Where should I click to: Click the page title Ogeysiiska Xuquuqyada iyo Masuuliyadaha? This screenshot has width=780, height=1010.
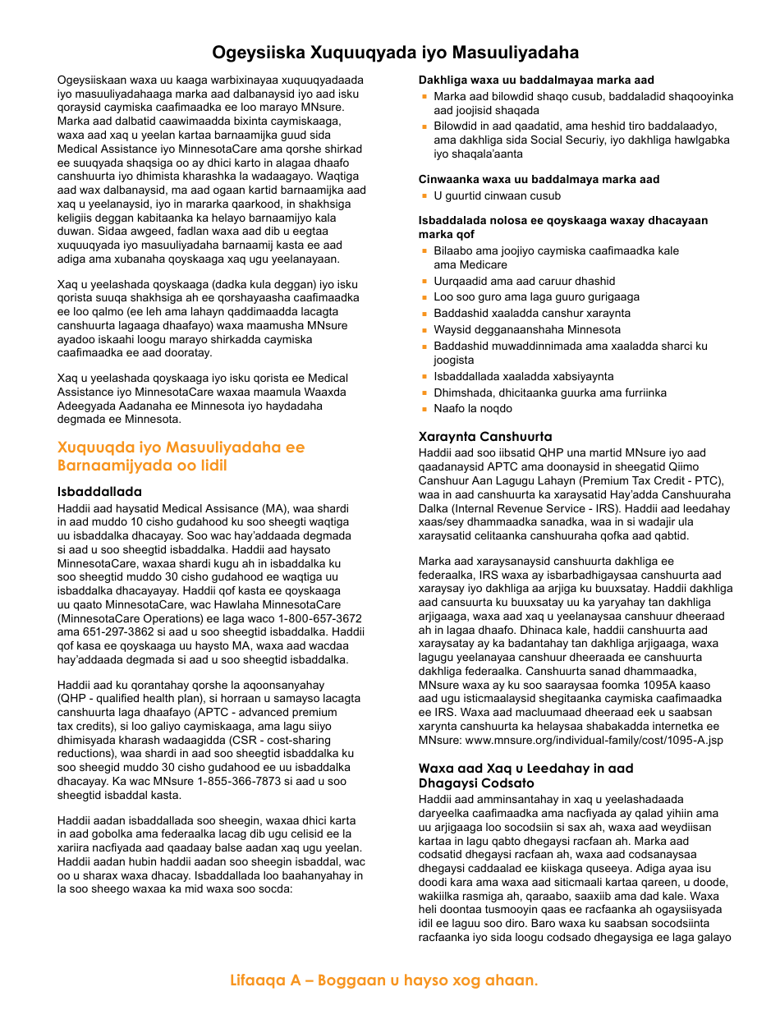click(395, 53)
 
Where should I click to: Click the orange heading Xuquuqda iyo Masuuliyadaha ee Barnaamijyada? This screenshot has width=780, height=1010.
click(181, 457)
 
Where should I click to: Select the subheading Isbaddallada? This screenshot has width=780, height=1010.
click(99, 492)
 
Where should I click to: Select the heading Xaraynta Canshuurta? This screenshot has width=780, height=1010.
click(485, 437)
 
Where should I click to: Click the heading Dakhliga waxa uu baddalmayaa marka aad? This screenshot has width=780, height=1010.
click(536, 80)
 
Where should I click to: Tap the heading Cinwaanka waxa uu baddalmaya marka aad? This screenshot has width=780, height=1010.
click(539, 179)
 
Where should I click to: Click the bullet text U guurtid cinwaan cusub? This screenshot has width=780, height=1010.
click(498, 195)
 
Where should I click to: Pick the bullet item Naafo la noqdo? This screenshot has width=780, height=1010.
click(473, 408)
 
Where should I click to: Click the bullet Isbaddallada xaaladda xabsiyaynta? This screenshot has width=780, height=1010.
click(523, 376)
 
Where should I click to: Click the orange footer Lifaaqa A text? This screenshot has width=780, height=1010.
click(383, 980)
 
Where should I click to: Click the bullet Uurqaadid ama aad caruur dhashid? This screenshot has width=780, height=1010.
click(524, 281)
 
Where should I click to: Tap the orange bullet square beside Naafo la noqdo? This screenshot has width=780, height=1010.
click(425, 408)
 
